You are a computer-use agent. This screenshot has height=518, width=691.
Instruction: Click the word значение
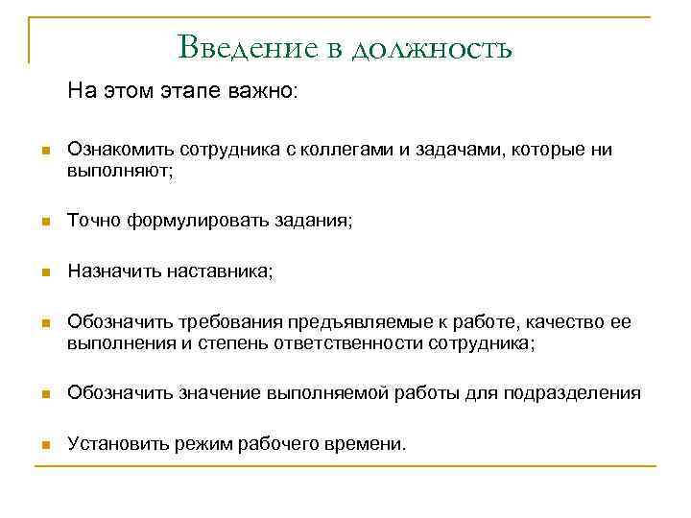213,394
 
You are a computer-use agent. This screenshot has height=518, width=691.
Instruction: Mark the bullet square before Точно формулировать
42,223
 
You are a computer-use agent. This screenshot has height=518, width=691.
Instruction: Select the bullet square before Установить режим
42,445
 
